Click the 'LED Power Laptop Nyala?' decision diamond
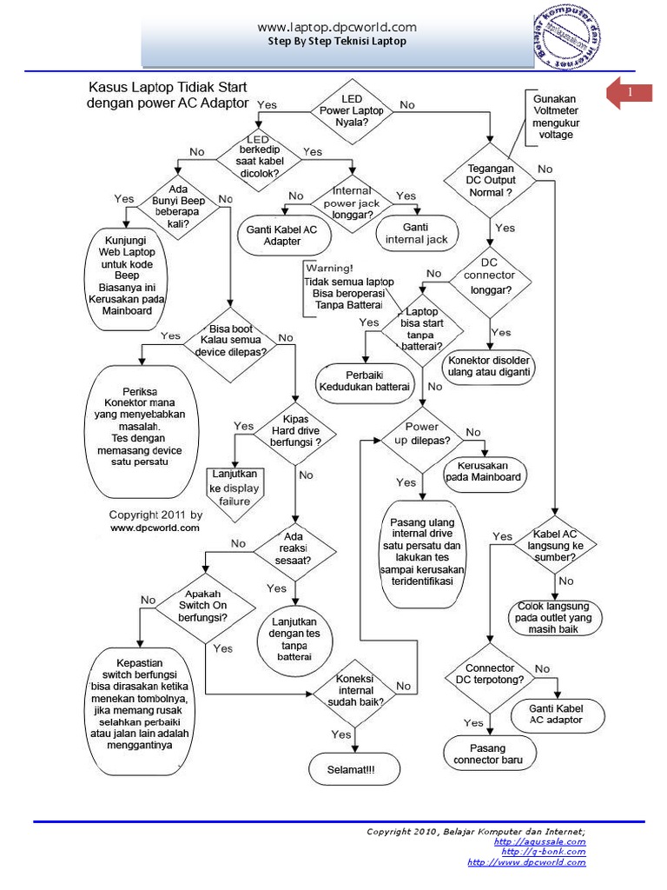click(x=356, y=107)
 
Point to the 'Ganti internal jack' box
click(x=416, y=233)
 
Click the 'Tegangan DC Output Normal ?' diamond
click(x=489, y=180)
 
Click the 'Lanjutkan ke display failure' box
click(x=234, y=488)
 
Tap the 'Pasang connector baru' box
click(x=488, y=754)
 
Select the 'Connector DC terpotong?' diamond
click(x=489, y=674)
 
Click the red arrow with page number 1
click(x=629, y=94)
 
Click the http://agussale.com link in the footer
click(x=539, y=841)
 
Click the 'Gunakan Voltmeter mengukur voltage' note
click(x=554, y=116)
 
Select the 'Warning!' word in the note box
click(x=329, y=269)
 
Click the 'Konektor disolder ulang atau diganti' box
click(x=489, y=365)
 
